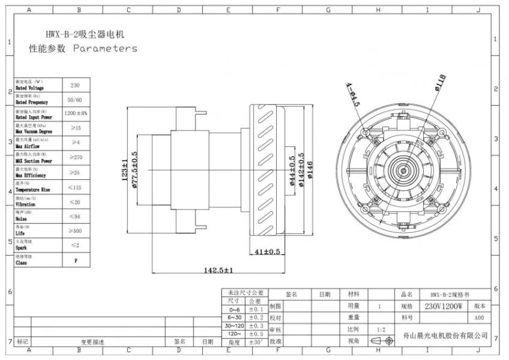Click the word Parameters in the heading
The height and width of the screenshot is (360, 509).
tap(105, 48)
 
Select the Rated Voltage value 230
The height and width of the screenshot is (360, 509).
tap(74, 85)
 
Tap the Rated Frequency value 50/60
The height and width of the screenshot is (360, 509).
tap(74, 100)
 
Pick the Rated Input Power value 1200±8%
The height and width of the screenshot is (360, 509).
tap(76, 113)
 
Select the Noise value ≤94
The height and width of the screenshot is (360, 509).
tap(74, 216)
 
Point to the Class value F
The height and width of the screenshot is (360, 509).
tap(74, 260)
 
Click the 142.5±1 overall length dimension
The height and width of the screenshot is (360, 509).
tap(218, 270)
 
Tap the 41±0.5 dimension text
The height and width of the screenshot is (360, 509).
tap(267, 252)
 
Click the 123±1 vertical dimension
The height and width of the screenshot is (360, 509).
tap(125, 170)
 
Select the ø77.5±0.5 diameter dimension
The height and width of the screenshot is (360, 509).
tap(134, 170)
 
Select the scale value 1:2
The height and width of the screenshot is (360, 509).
tap(380, 329)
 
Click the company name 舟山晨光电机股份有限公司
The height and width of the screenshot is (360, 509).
tap(445, 335)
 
